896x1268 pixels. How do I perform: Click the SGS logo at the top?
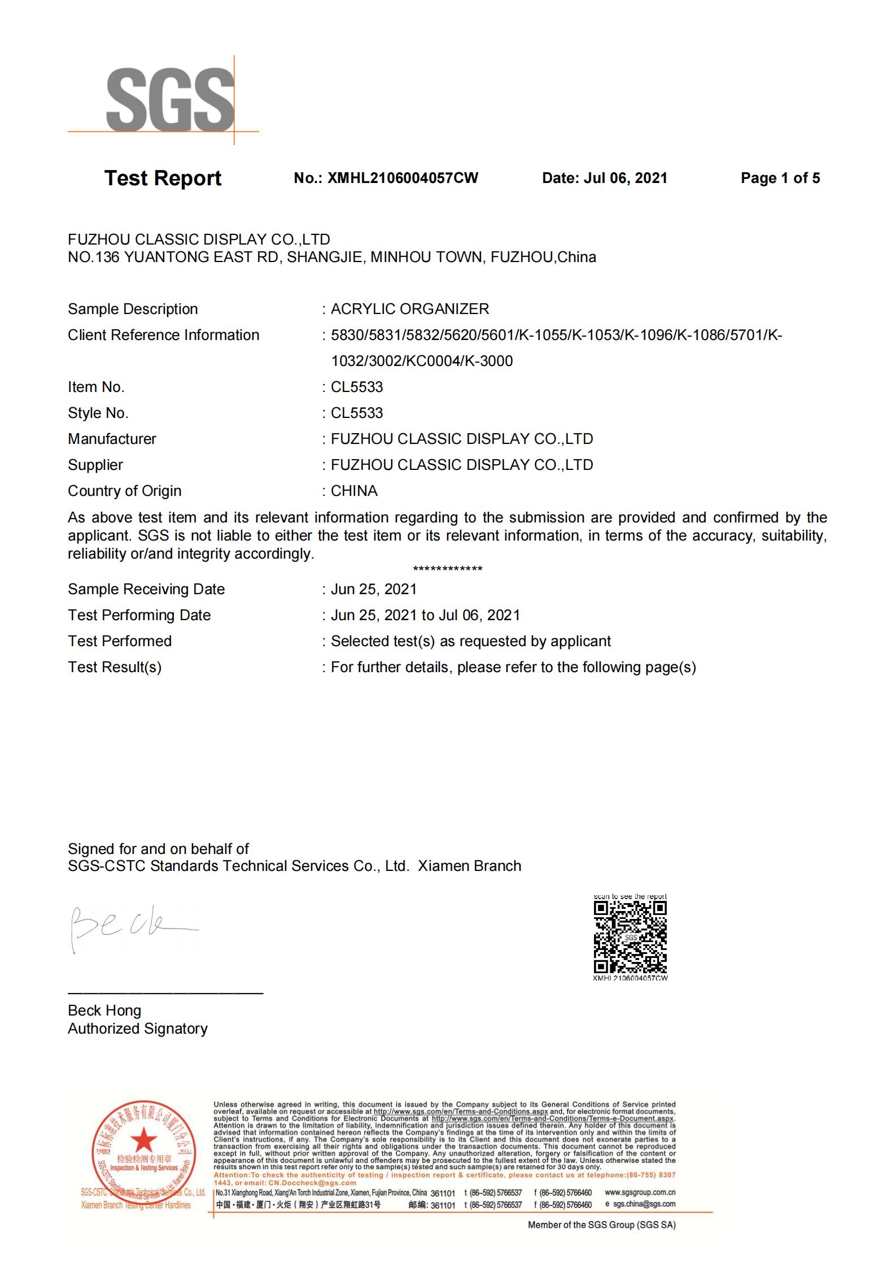[x=169, y=100]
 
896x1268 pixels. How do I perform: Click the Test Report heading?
[x=163, y=178]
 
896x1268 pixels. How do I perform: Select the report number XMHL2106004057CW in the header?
[x=403, y=178]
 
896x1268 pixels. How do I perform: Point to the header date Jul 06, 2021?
[x=625, y=178]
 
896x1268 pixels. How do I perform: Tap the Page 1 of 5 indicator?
[x=780, y=178]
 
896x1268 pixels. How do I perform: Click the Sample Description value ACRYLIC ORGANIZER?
[x=410, y=309]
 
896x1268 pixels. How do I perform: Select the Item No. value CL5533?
[x=357, y=387]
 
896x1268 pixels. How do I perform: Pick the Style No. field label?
[x=98, y=413]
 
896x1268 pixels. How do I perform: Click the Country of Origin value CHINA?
[x=354, y=491]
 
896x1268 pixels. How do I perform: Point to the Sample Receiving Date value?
[x=374, y=589]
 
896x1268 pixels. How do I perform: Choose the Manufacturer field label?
[x=112, y=439]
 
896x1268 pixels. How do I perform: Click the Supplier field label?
[x=95, y=465]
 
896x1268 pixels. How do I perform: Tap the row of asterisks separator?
[x=448, y=569]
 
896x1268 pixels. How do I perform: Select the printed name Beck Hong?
[x=104, y=1010]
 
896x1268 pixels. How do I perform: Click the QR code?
[x=630, y=937]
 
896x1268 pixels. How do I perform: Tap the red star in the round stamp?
[x=145, y=1140]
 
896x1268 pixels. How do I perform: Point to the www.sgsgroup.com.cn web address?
[x=640, y=1192]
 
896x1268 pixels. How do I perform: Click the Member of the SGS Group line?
[x=601, y=1225]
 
